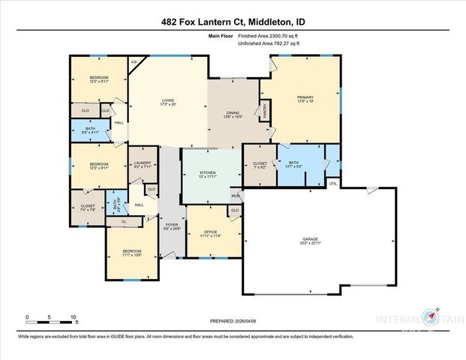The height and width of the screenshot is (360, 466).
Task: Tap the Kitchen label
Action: [x=208, y=175]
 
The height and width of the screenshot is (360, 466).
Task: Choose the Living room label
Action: [x=169, y=102]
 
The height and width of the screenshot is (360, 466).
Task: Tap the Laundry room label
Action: [x=143, y=165]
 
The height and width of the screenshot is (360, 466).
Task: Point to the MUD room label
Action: [x=235, y=196]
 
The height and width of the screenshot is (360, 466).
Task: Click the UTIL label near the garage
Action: [x=333, y=183]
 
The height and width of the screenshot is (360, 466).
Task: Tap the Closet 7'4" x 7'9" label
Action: [x=87, y=208]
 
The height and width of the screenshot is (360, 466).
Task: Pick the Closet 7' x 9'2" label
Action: [x=260, y=164]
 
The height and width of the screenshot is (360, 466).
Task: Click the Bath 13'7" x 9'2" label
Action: [x=293, y=164]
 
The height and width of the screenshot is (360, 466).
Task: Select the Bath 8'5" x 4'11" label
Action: [x=90, y=130]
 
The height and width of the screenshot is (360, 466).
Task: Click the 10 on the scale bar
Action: [x=74, y=318]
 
